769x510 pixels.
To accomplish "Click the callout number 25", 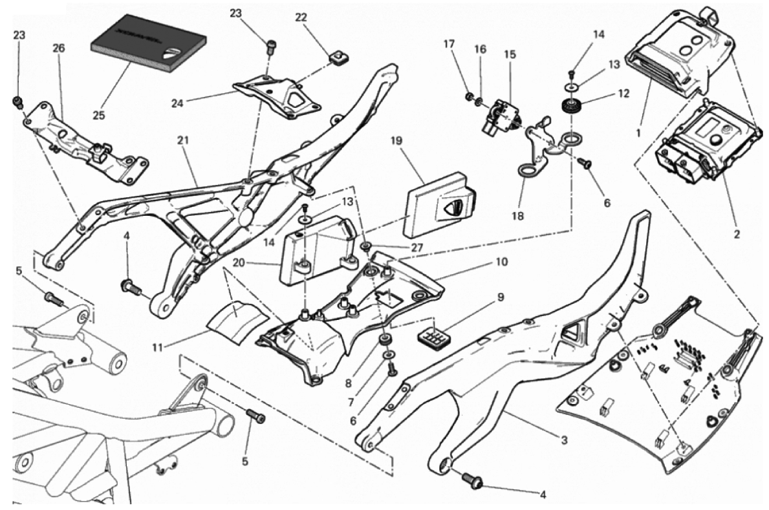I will click(x=98, y=115).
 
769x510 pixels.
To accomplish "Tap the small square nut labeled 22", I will click(x=336, y=59).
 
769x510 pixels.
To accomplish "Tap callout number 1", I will click(x=638, y=133).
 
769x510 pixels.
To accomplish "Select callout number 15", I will click(x=510, y=55).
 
